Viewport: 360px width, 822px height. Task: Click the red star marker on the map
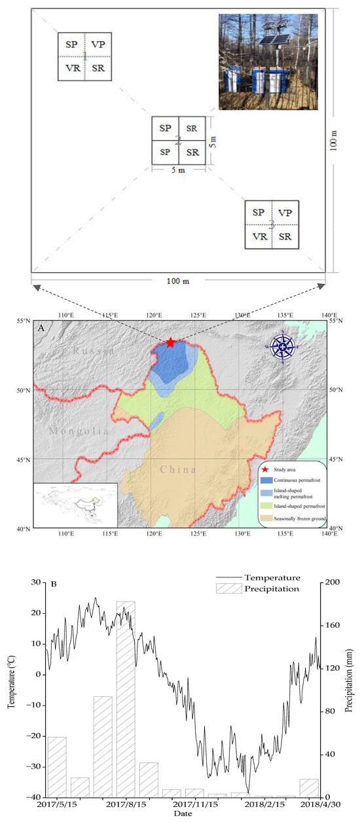pos(171,342)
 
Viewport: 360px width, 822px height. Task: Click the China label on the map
pos(179,470)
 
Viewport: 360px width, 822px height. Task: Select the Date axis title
pos(183,813)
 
